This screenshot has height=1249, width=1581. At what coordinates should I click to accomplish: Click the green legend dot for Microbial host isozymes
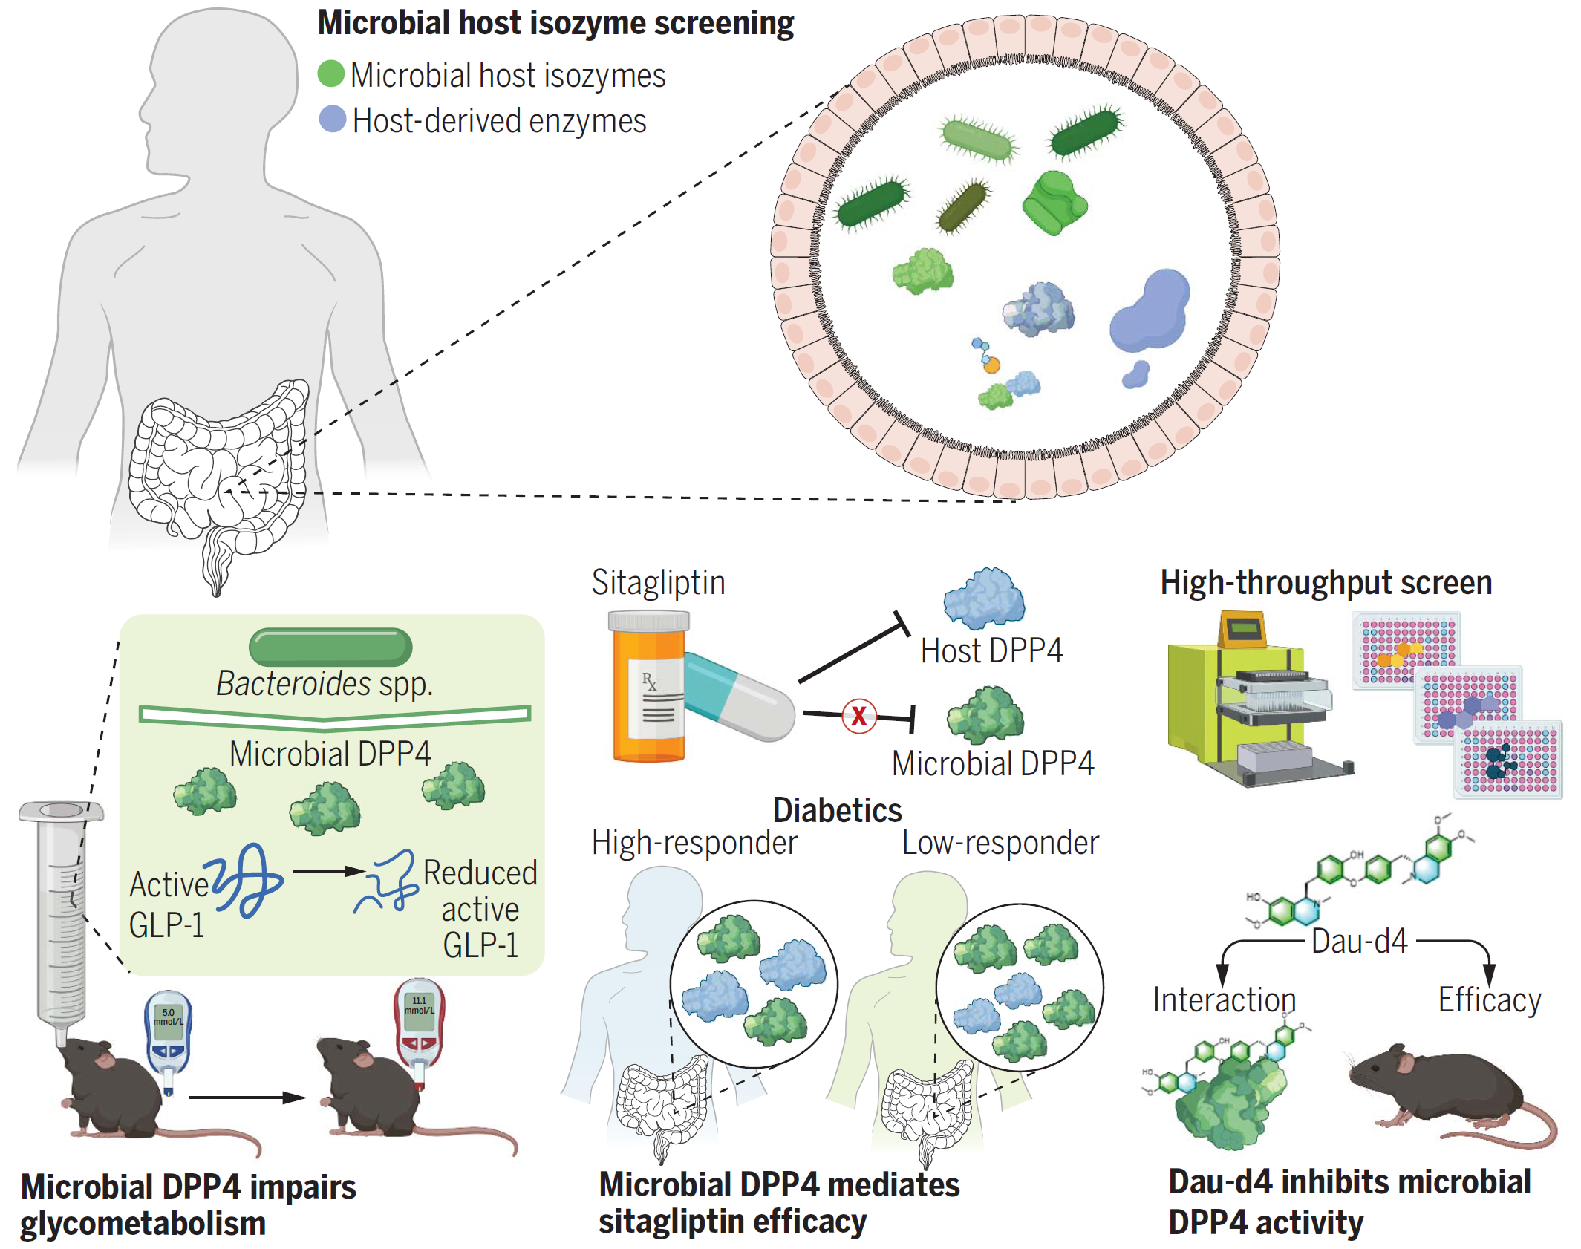330,74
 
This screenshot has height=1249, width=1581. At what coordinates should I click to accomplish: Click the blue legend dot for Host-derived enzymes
332,119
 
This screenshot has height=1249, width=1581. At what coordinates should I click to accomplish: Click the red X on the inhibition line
858,716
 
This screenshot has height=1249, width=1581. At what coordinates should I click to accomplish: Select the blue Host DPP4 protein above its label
984,598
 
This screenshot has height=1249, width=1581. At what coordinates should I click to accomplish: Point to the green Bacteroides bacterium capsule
330,647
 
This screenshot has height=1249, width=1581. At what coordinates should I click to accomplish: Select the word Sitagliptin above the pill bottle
658,583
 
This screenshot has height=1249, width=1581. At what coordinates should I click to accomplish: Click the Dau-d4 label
1359,942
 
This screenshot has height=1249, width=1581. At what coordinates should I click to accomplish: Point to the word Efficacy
1489,1000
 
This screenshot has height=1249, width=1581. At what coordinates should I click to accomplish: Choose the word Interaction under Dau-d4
1224,1000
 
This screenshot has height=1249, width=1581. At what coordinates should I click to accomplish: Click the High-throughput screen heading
1326,583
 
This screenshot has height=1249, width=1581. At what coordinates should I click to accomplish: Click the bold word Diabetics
837,810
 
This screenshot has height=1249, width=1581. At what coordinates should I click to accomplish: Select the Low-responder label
1000,843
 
